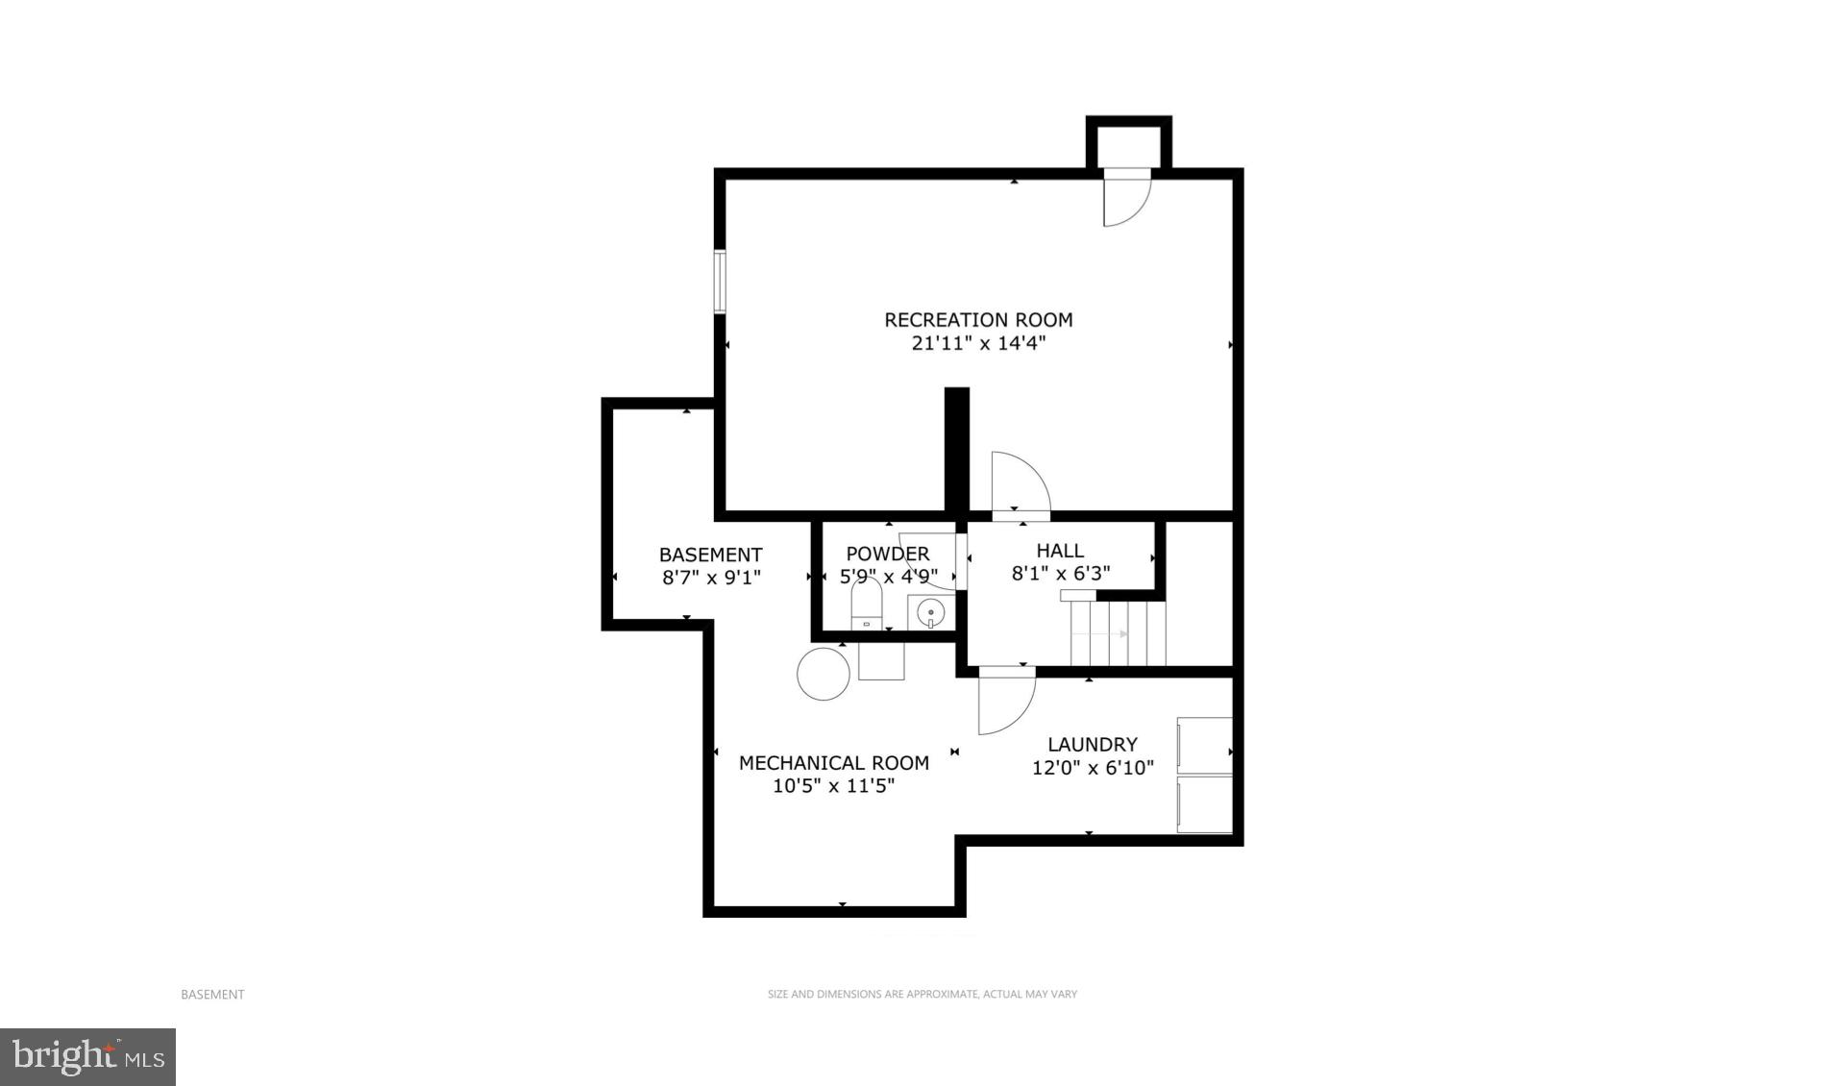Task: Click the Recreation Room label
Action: point(978,320)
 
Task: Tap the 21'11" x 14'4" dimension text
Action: point(978,344)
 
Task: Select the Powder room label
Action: point(887,555)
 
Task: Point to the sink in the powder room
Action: point(930,612)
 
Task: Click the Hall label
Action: point(1060,551)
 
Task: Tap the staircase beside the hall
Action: point(1118,633)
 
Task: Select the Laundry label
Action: point(1092,744)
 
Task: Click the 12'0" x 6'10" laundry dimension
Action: point(1092,768)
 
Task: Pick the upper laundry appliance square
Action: point(1205,745)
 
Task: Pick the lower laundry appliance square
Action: point(1205,804)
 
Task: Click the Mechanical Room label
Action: point(833,763)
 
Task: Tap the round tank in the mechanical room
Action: point(824,674)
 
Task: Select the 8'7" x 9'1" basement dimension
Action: point(711,579)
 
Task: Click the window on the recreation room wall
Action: point(719,282)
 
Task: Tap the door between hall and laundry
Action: point(1005,701)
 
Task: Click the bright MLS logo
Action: point(88,1057)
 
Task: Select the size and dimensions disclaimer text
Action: point(922,995)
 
